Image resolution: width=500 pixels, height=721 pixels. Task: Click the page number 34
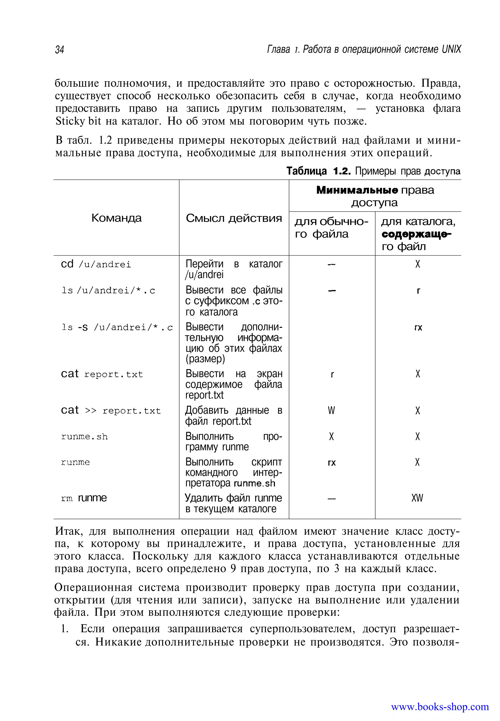tap(60, 50)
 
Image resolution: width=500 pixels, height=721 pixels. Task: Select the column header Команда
tap(116, 218)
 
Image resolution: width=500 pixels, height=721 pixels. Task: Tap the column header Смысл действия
tap(234, 218)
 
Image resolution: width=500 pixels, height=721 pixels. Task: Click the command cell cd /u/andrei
tap(96, 264)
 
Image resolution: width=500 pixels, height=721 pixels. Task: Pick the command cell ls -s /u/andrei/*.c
tap(117, 327)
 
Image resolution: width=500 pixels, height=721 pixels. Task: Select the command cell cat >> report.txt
tap(111, 410)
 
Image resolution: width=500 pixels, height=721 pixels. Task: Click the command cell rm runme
tap(84, 498)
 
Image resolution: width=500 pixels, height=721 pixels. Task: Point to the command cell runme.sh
tap(84, 437)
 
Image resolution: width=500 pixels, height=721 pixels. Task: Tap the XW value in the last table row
tap(417, 498)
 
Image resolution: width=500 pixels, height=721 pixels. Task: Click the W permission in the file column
tap(332, 410)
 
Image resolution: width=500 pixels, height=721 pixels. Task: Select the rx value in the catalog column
tap(418, 328)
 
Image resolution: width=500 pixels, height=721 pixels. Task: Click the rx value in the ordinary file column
tap(332, 463)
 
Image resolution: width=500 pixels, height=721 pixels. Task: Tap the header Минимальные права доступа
tap(375, 196)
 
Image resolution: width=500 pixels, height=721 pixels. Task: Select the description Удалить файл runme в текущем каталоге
tap(233, 503)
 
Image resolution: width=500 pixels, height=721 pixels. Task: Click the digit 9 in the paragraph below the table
tap(232, 568)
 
